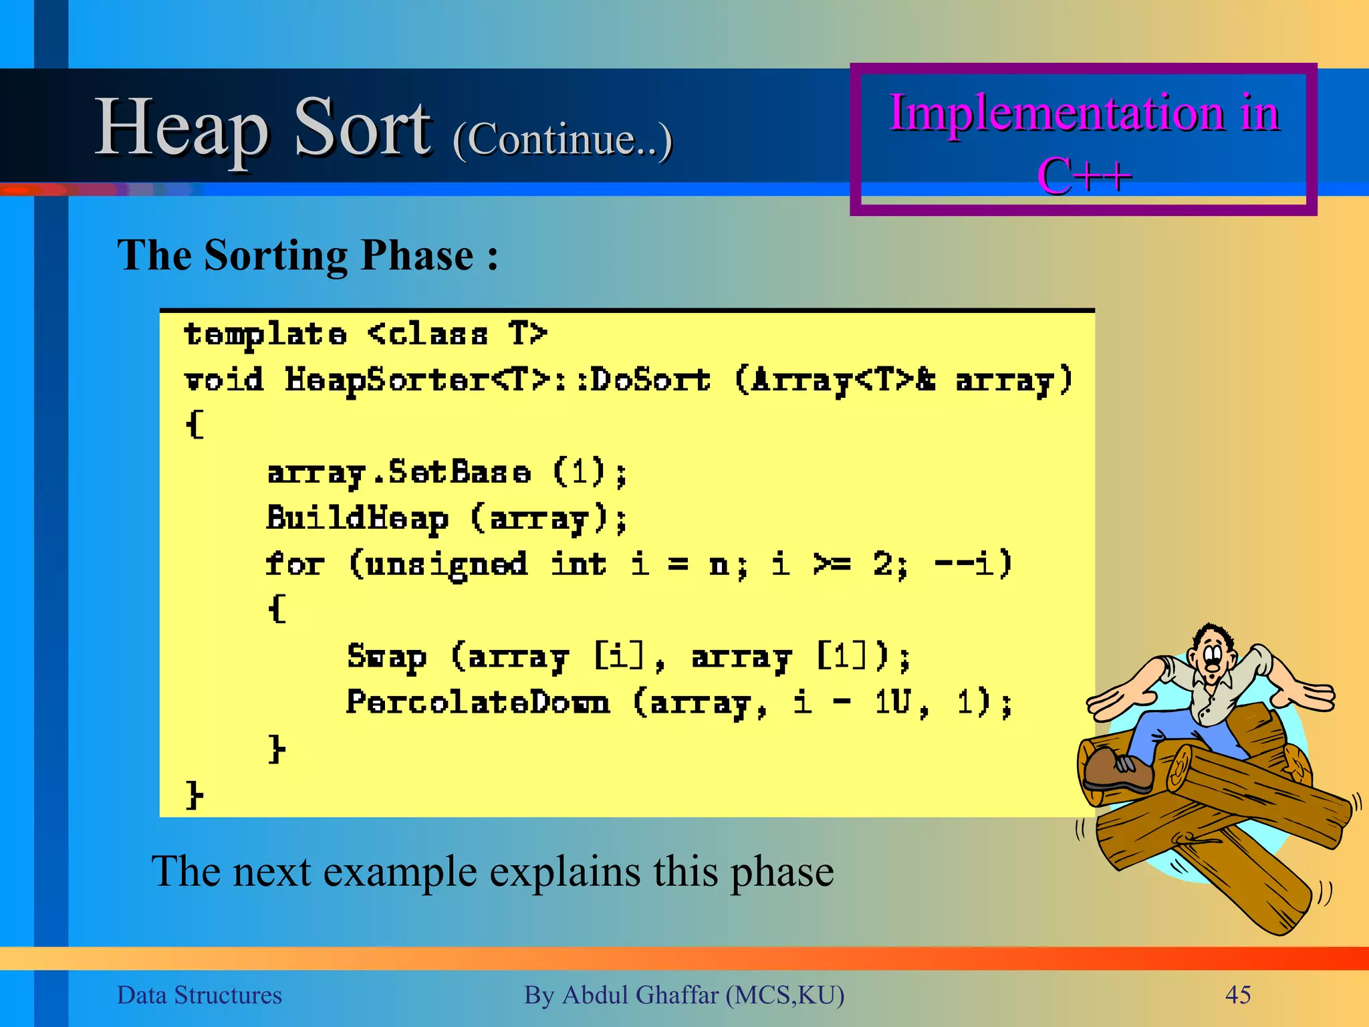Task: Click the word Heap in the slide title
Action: [182, 127]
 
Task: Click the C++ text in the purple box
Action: [1084, 176]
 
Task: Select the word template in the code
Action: [265, 334]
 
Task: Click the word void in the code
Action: [223, 380]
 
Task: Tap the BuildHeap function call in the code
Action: [357, 518]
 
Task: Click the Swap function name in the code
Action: [386, 657]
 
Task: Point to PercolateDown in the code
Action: [477, 702]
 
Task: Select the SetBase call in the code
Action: [460, 472]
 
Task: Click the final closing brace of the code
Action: [194, 794]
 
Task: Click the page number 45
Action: [1237, 995]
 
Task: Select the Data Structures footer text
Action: [199, 995]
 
